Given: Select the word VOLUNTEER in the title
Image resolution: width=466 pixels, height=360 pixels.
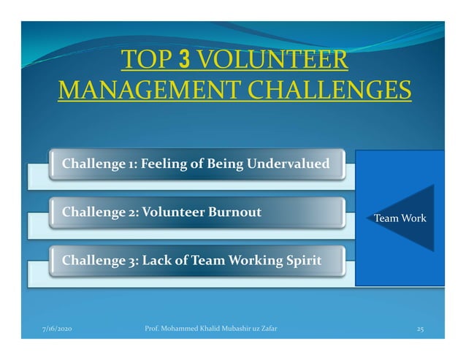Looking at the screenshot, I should (271, 61).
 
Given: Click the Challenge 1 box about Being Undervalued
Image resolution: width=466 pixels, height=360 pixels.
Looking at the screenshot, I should (196, 164).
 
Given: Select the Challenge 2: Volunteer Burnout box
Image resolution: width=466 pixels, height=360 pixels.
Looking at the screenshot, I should (196, 213).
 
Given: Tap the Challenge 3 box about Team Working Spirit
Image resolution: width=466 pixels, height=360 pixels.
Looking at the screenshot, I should (196, 261).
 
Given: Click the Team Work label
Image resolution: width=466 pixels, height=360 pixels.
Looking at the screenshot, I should (400, 218).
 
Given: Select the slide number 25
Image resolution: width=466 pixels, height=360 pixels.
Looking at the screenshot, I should (419, 330).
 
